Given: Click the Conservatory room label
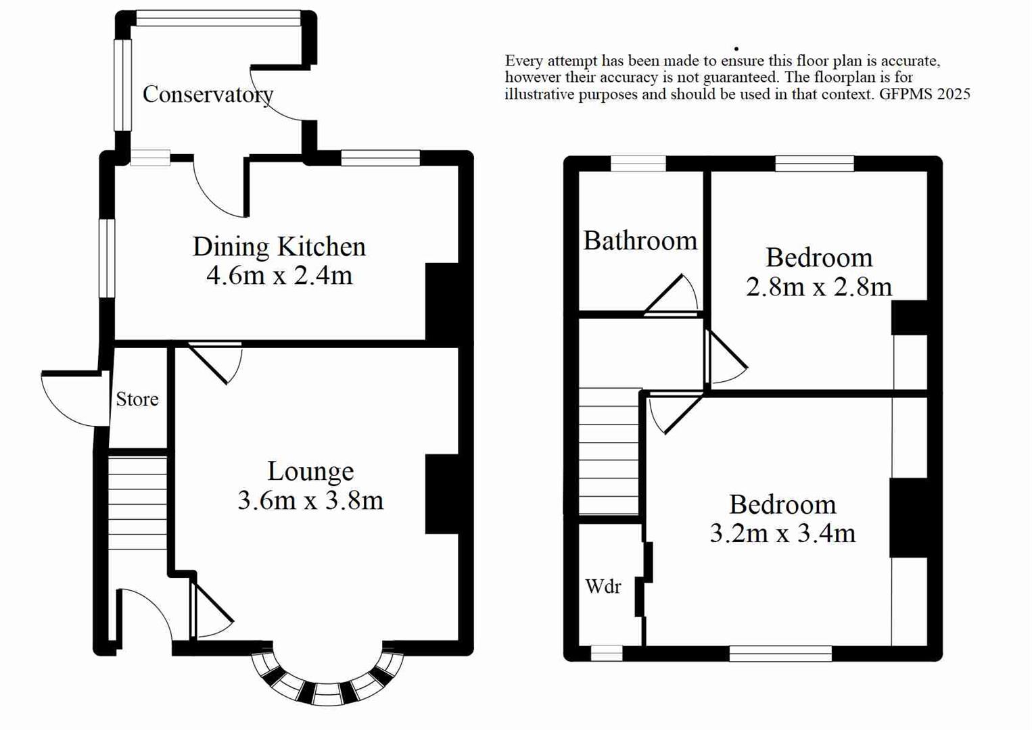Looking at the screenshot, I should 208,95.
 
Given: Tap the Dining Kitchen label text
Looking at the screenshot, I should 279,247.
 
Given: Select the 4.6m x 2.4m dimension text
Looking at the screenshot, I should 279,276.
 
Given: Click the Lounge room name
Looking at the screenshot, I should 310,471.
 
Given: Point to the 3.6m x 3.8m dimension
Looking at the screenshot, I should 310,501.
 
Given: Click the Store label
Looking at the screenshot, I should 137,399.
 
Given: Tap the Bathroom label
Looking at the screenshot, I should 640,241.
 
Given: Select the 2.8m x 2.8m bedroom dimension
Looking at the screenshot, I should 818,287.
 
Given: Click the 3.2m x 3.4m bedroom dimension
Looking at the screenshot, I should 782,534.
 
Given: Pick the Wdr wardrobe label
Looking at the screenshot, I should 603,587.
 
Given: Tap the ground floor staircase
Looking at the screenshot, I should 137,504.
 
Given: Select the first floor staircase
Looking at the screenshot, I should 609,452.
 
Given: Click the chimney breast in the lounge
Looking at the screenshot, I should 441,494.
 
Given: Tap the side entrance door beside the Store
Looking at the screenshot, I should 73,399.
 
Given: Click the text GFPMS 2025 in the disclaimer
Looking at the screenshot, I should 924,95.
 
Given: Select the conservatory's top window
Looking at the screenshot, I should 218,18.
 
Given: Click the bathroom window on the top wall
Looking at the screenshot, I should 638,164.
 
